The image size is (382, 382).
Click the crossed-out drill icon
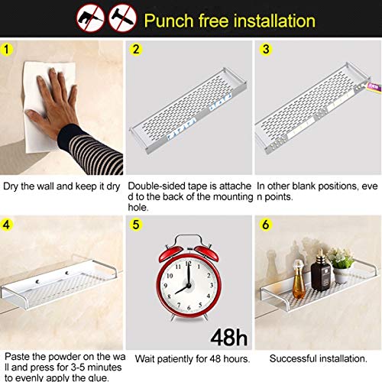[91, 18]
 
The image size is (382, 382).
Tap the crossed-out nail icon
[123, 18]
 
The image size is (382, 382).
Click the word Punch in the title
[169, 21]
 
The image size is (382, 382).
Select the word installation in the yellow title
[274, 21]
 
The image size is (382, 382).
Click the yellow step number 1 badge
[7, 49]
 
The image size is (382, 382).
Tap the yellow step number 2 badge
[136, 49]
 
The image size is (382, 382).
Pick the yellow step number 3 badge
[266, 49]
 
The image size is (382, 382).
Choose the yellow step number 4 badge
[6, 225]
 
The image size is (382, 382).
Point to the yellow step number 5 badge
[136, 225]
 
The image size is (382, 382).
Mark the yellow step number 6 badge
[266, 225]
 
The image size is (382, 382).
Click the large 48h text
[228, 338]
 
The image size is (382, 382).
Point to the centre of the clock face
[189, 286]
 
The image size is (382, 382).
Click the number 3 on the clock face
[211, 285]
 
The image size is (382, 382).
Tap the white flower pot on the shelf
[342, 275]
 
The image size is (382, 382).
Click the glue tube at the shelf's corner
[374, 86]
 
